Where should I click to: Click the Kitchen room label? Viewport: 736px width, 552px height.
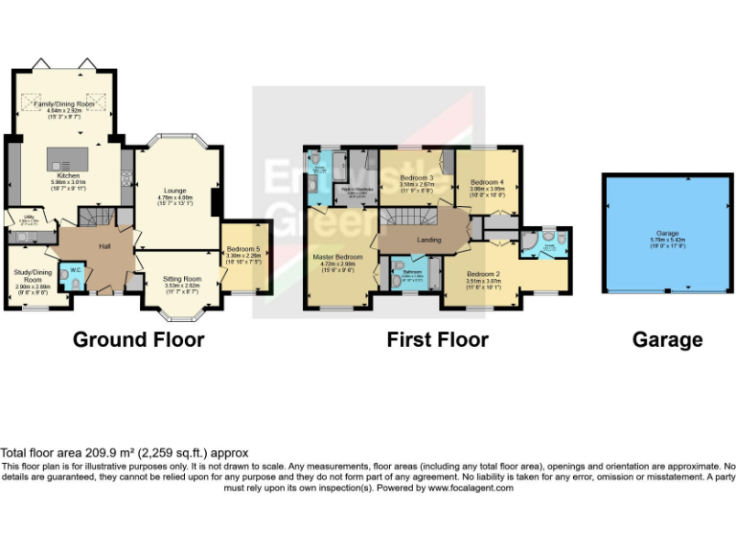pos(68,176)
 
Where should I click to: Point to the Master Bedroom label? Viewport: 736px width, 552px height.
pos(335,257)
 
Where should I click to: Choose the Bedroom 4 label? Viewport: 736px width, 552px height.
pos(486,182)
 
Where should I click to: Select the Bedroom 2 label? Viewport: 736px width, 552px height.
pos(483,273)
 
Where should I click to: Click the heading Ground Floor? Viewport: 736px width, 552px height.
pos(138,339)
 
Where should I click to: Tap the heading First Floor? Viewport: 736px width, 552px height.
pos(437,339)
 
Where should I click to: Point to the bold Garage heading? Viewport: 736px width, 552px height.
pos(667,339)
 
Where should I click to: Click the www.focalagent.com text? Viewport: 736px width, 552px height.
pos(471,488)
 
